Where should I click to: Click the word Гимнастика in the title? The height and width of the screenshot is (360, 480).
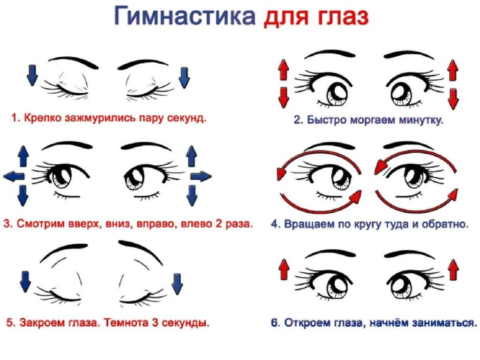pos(185,15)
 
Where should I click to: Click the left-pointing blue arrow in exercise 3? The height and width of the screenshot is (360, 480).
pos(14,176)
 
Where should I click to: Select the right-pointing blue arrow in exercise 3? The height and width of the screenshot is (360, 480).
pos(201,176)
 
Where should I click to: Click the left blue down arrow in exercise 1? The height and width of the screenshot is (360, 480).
pos(32,75)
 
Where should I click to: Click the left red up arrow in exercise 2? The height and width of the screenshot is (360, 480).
pos(284,70)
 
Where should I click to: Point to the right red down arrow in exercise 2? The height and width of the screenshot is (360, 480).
pos(453,99)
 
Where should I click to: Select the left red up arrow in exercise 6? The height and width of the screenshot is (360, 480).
pos(285,270)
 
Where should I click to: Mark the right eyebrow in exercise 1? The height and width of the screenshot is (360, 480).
pos(143,64)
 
